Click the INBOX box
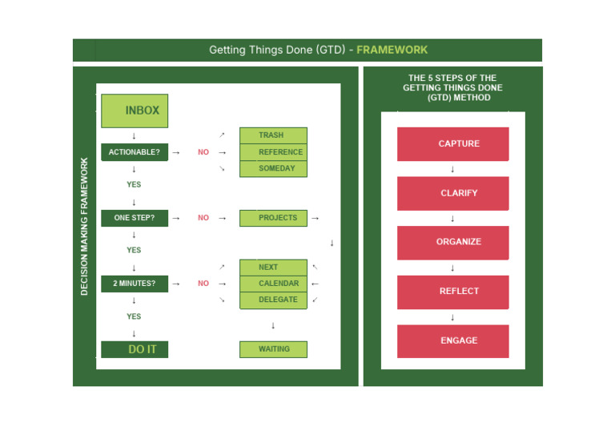point(134,111)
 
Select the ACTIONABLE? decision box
point(134,152)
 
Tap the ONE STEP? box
point(134,218)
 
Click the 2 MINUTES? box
point(134,284)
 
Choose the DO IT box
point(134,349)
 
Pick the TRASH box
point(273,135)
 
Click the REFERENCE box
point(273,152)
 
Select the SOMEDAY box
point(273,168)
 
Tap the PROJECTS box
point(273,218)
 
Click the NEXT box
point(273,267)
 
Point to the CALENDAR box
point(273,284)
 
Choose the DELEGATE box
point(273,300)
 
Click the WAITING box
point(273,349)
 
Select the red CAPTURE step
point(452,144)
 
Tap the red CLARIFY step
point(452,193)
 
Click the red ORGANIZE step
point(452,242)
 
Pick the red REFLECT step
point(452,292)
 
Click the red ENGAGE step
point(452,340)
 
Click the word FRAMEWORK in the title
point(392,50)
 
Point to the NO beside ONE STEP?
point(203,218)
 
